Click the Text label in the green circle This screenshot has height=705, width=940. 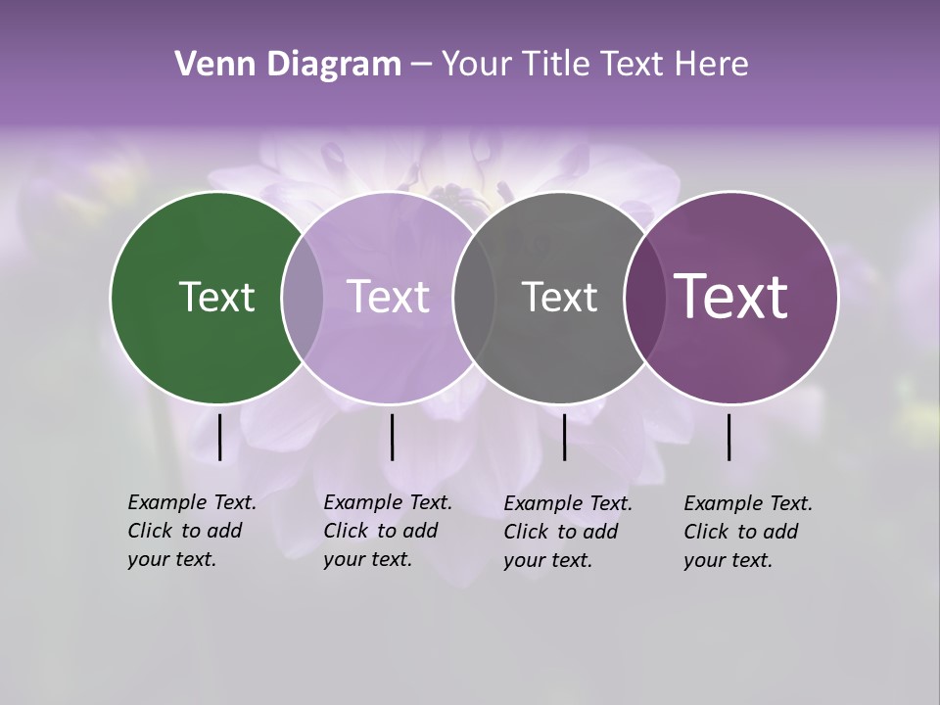(x=216, y=297)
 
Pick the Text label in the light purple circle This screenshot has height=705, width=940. (x=388, y=297)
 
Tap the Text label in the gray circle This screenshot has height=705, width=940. (x=559, y=297)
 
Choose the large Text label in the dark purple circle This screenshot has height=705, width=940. (x=731, y=297)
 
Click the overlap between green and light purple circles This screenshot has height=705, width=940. (x=303, y=298)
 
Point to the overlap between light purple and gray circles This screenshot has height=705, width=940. (x=473, y=298)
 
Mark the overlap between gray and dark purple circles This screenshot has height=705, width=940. (x=643, y=298)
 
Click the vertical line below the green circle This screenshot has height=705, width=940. (x=219, y=437)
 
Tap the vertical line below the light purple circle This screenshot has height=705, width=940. (x=392, y=437)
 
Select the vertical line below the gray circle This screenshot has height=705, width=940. (x=564, y=437)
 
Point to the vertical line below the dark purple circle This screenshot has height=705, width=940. (x=728, y=437)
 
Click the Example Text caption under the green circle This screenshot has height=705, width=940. (x=191, y=531)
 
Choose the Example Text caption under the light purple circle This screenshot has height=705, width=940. (x=387, y=531)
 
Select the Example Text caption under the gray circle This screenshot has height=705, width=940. (x=567, y=532)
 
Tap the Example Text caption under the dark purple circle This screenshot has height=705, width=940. (x=747, y=532)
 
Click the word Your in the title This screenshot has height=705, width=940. (x=478, y=65)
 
